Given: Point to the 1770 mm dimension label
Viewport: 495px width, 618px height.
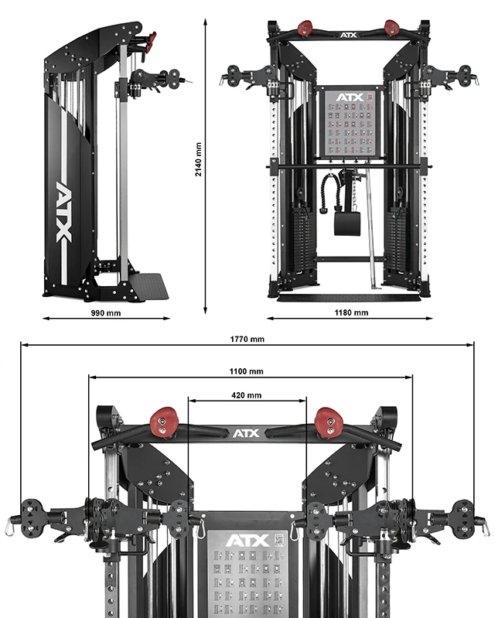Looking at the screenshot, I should [x=247, y=339].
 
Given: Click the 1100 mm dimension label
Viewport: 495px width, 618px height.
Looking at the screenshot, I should [x=247, y=371].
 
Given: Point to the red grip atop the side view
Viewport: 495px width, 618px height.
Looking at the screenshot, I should [x=150, y=38].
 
